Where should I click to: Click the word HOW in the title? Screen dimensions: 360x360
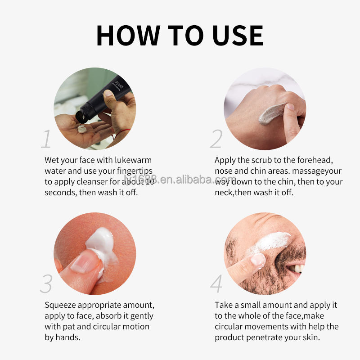[x=128, y=36]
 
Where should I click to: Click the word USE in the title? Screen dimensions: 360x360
[x=238, y=36]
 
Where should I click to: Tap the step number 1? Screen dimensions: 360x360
[x=46, y=139]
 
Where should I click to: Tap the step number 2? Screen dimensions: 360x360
[x=216, y=139]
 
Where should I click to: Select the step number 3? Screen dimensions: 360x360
[x=46, y=283]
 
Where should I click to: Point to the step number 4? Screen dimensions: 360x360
[x=216, y=283]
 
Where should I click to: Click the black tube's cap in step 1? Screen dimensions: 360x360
[x=82, y=117]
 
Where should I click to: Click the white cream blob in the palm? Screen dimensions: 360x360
[x=82, y=129]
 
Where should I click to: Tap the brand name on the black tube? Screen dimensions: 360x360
[x=119, y=85]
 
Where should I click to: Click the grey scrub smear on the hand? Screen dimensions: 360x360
[x=272, y=114]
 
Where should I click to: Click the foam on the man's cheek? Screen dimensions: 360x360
[x=271, y=242]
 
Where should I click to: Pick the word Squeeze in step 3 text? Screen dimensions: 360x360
[x=60, y=306]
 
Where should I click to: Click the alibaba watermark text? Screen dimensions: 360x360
[x=180, y=179]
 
